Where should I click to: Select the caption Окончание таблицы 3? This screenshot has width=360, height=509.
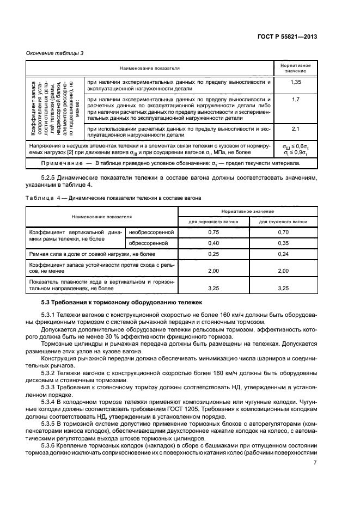coord(54,53)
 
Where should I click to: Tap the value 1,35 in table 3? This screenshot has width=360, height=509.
coord(296,82)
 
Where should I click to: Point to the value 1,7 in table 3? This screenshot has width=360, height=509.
coord(296,100)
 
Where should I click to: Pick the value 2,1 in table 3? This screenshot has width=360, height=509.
coord(296,129)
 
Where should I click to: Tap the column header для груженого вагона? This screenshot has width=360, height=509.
coord(283,222)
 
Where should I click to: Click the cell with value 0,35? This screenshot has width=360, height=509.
coord(283,243)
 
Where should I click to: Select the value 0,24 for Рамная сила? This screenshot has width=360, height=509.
coord(283,254)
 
